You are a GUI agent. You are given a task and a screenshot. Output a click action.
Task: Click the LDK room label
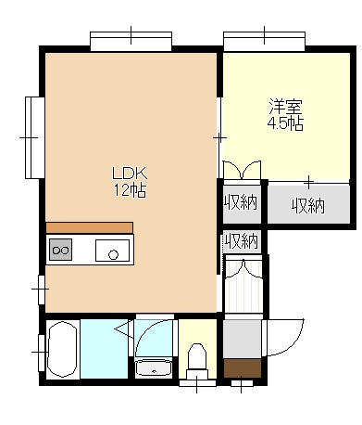pos(130,174)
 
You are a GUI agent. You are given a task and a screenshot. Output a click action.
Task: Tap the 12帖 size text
pos(130,190)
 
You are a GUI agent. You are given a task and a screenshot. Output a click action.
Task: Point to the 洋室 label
pos(285,107)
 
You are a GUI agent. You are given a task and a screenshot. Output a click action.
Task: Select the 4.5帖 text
pos(285,123)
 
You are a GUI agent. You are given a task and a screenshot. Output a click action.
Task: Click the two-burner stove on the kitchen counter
pos(60,250)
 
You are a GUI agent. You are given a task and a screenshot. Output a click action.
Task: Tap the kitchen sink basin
pos(112,251)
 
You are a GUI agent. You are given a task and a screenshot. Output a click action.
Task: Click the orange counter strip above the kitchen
pos(90,227)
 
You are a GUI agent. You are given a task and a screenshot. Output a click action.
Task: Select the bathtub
pos(62,350)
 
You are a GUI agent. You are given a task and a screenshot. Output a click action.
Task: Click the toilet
pos(197,360)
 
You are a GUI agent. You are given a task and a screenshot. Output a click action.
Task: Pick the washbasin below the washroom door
pos(154,367)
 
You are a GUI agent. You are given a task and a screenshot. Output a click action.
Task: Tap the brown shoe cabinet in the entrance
pos(243,368)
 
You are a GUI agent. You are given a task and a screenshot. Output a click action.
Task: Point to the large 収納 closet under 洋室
pos(308,203)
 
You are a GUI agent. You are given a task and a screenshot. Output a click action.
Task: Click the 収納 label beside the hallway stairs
pos(242,241)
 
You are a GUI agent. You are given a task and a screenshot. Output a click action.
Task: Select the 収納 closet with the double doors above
pos(242,203)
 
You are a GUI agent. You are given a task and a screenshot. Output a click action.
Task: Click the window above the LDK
pos(131,41)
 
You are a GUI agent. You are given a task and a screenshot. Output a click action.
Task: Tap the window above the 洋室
pos(264,41)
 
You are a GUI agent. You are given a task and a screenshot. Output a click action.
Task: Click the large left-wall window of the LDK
pos(35,137)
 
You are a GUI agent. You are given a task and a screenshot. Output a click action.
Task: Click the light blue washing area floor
pos(104,349)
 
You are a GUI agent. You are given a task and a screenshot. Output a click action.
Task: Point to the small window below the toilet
pos(197,383)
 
